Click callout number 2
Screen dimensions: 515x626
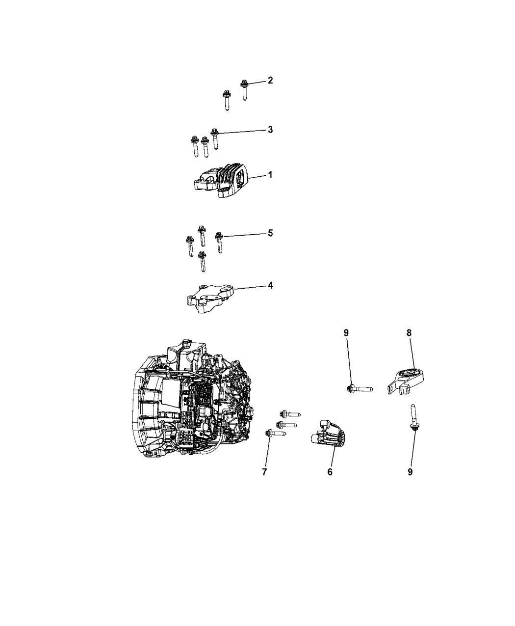coord(270,81)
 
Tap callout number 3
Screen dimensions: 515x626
coord(270,130)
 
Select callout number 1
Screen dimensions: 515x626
coord(270,174)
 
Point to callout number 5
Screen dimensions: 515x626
coord(270,233)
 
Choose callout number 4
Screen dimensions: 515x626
coord(270,285)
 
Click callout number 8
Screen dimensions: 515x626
coord(409,333)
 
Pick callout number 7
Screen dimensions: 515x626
coord(264,472)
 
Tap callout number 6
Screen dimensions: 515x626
coord(330,472)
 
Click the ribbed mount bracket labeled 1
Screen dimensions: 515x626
coord(221,181)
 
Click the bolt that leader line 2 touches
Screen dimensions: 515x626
coord(244,90)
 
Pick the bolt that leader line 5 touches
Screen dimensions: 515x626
coord(219,243)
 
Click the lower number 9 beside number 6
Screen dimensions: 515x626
coord(410,472)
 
